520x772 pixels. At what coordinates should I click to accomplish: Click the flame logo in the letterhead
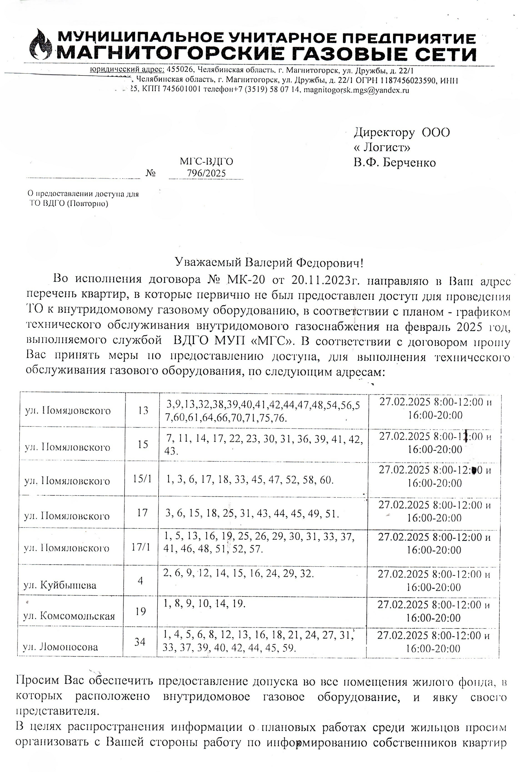pos(40,45)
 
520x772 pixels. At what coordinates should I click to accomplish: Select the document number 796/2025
pos(206,173)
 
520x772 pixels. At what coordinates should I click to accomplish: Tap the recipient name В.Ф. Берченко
pos(394,163)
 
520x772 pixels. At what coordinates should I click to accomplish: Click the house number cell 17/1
pos(141,546)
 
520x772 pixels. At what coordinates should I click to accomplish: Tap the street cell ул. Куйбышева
pos(60,585)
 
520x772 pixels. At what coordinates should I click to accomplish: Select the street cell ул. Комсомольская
pos(69,616)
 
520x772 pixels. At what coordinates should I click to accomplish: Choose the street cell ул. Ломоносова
pos(60,647)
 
